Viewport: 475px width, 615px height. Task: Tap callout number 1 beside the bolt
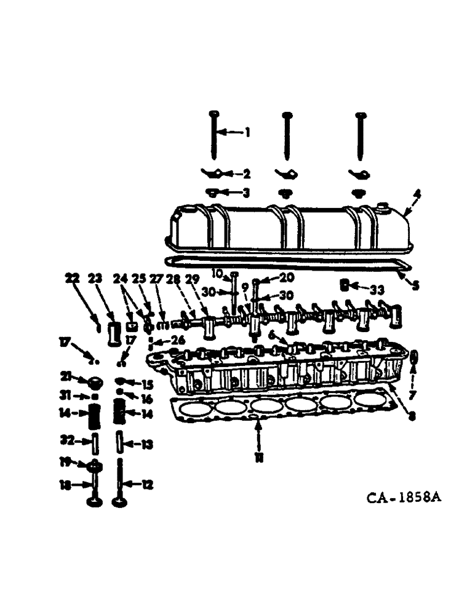[x=248, y=132]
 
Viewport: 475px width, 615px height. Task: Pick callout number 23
[x=95, y=279]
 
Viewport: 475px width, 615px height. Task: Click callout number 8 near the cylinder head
[x=411, y=416]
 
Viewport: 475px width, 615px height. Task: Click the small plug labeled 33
[x=346, y=285]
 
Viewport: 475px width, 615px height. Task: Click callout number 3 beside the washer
[x=245, y=193]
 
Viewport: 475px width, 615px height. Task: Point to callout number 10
[x=217, y=273]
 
